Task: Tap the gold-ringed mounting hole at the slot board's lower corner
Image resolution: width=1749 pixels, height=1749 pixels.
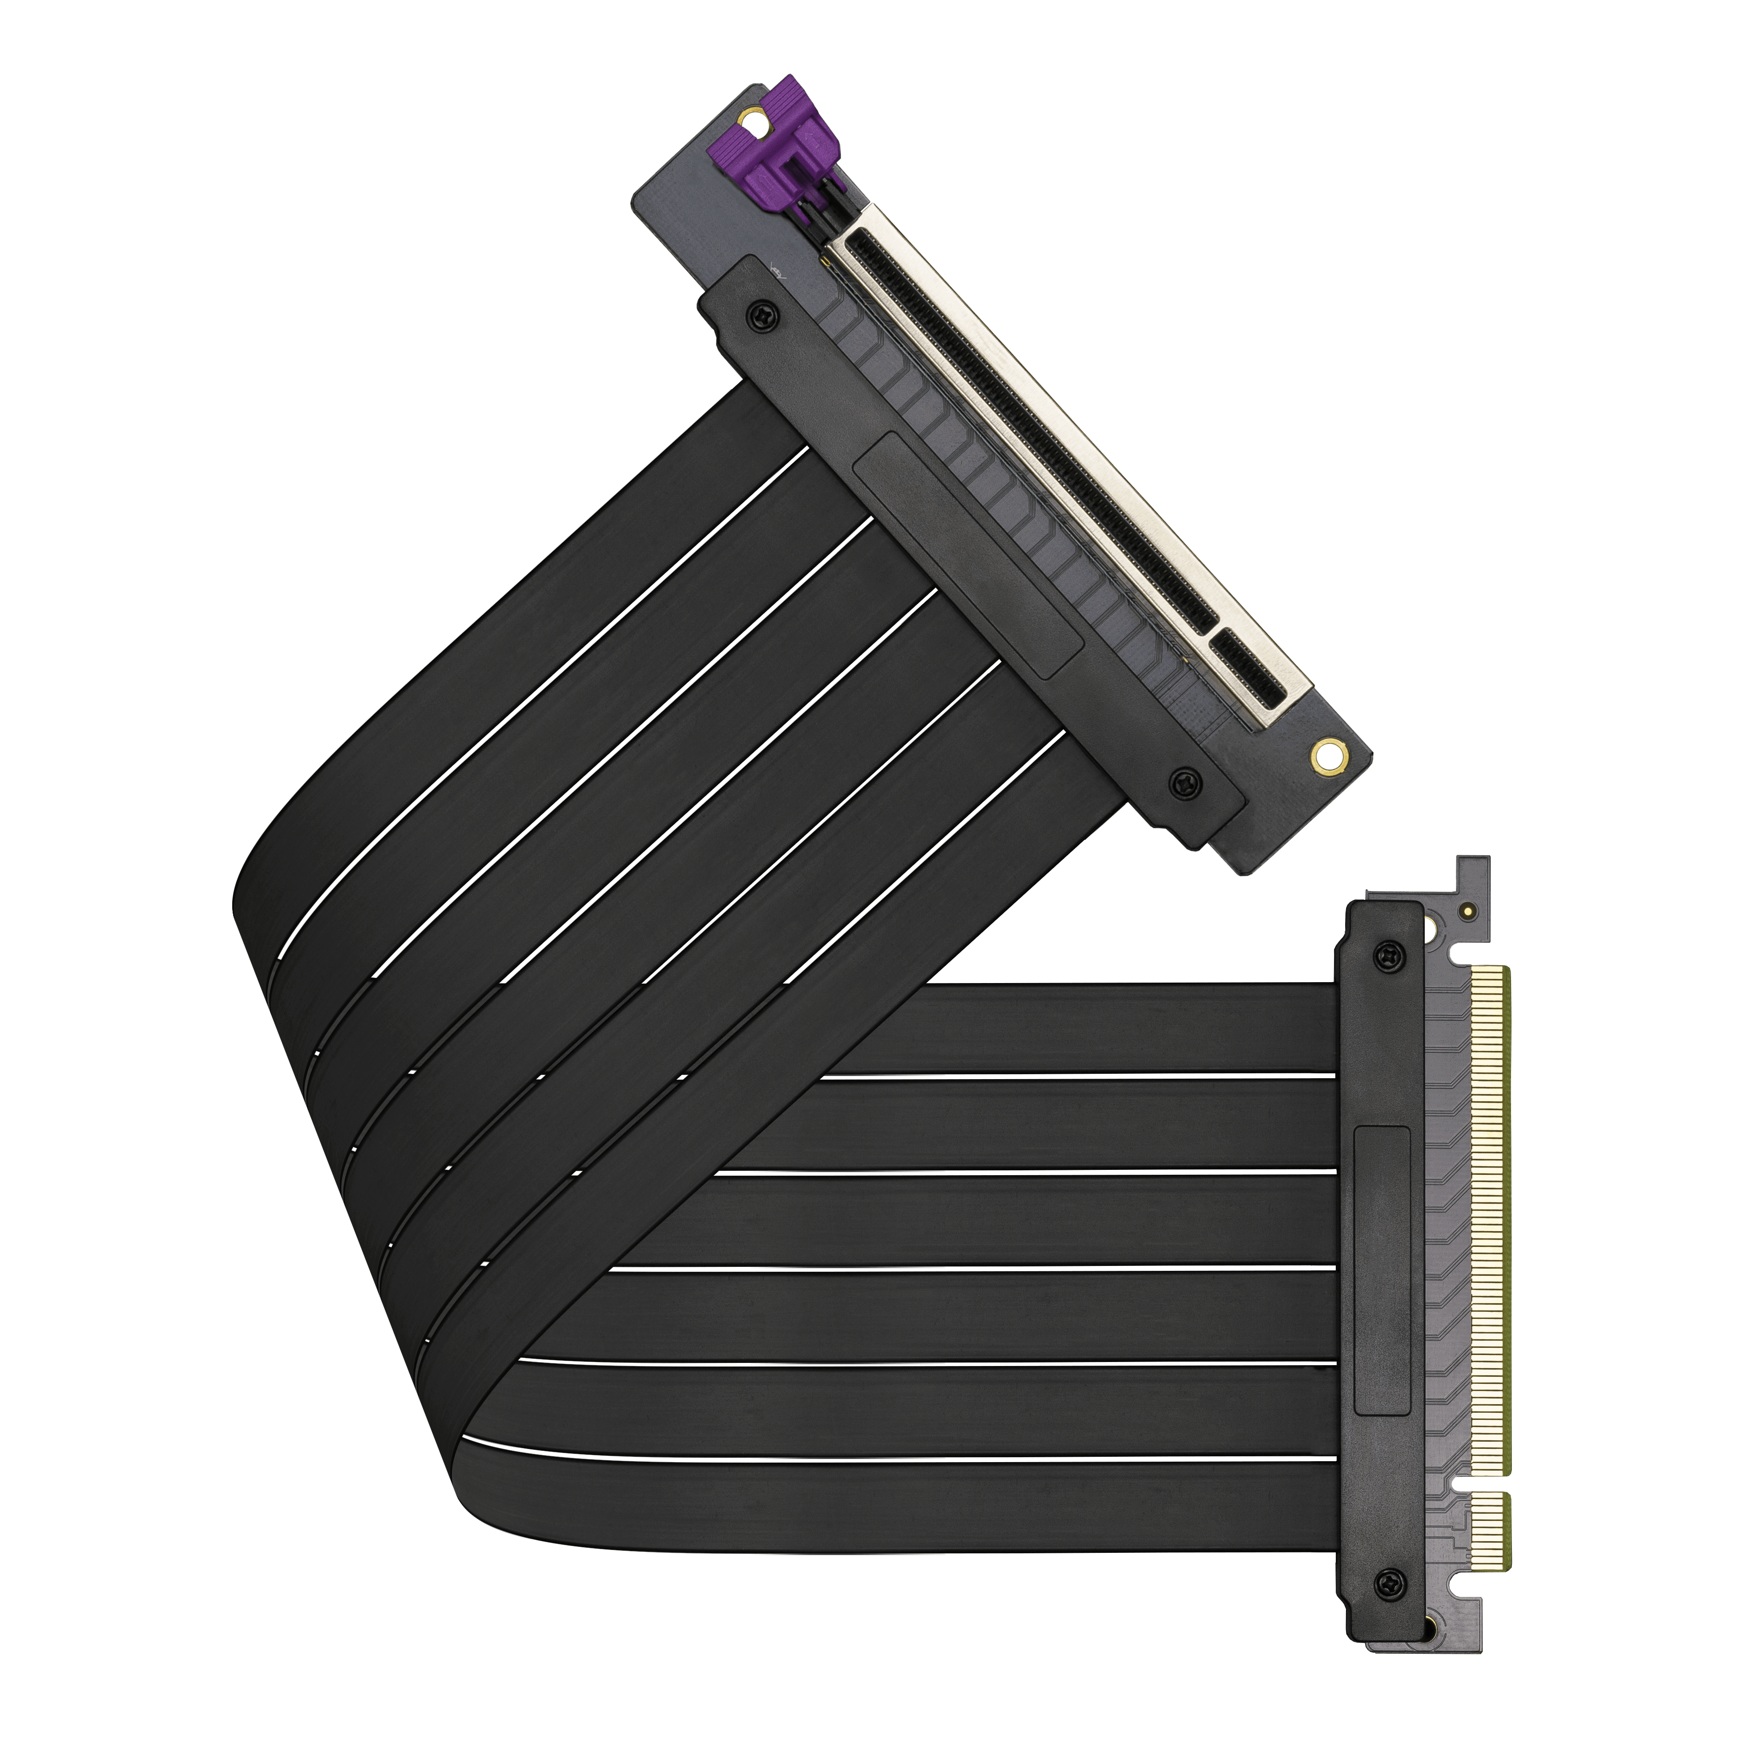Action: click(1326, 753)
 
